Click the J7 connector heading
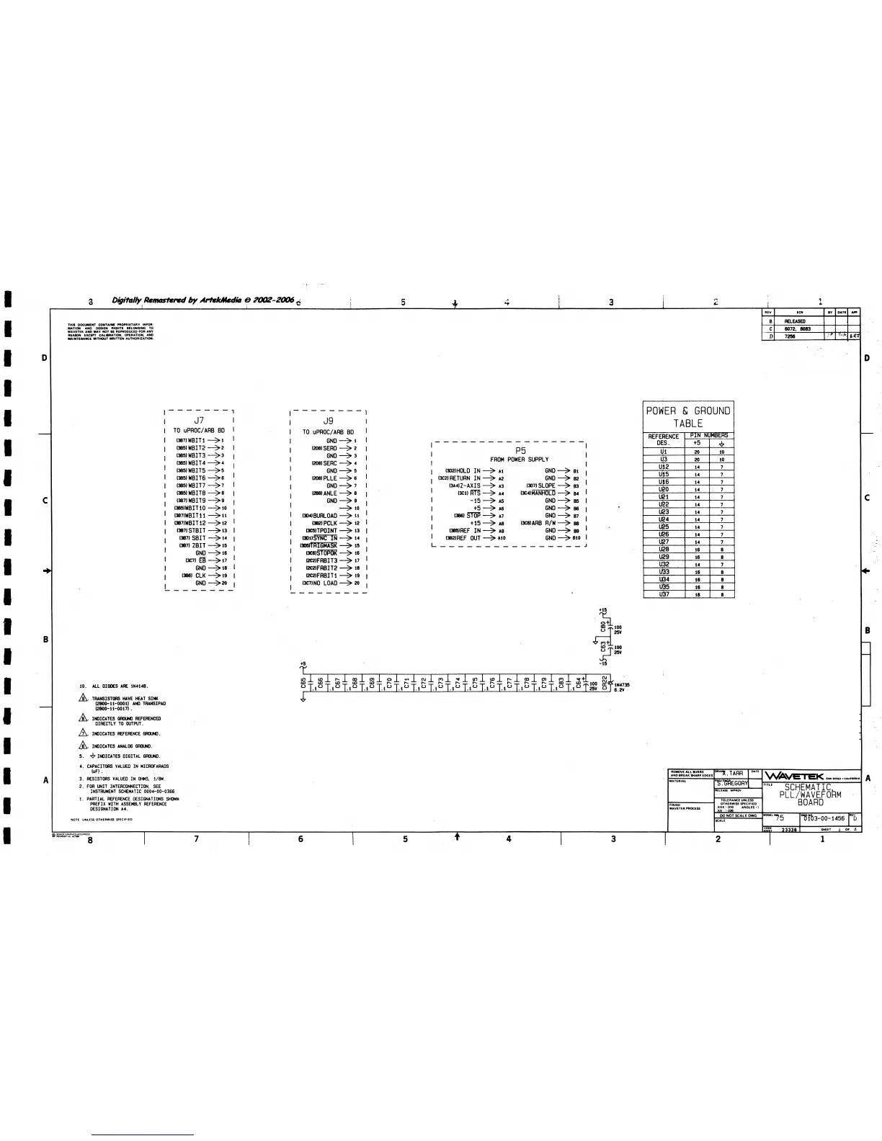coord(200,419)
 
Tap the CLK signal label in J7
coord(200,576)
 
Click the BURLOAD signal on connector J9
coord(325,516)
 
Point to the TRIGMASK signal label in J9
coord(324,546)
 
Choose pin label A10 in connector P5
coord(502,538)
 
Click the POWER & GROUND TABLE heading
coord(688,416)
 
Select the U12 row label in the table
coord(664,467)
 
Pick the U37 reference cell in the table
coord(664,594)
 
